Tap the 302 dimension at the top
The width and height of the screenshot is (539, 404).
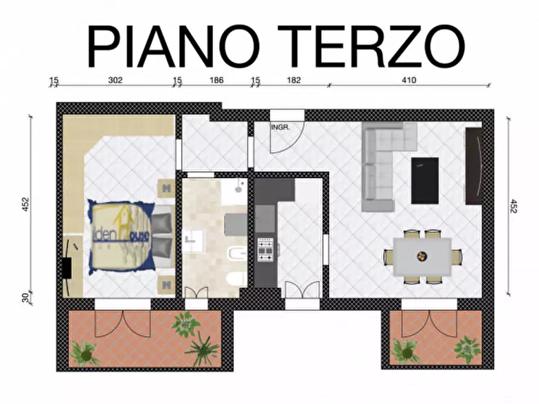pos(116,80)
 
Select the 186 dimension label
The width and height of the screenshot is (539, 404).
pos(216,80)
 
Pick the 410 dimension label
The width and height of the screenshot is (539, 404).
pos(409,80)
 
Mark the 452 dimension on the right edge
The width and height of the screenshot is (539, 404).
pos(514,206)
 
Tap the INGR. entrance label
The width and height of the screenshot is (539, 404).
pos(281,128)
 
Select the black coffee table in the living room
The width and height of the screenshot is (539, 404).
pos(424,180)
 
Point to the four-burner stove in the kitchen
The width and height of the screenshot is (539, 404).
pos(266,249)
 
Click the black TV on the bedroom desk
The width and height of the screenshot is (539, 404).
pos(67,267)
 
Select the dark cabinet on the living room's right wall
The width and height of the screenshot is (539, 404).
pos(473,166)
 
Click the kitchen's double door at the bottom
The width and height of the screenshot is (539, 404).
pos(302,291)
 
